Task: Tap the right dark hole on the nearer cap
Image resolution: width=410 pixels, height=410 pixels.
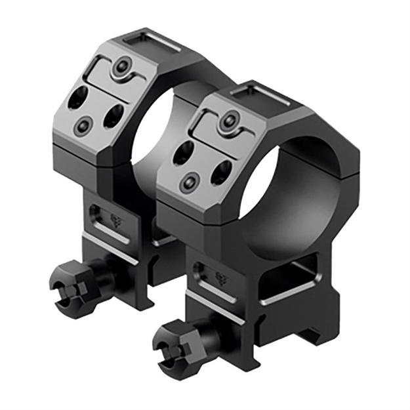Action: click(220, 173)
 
